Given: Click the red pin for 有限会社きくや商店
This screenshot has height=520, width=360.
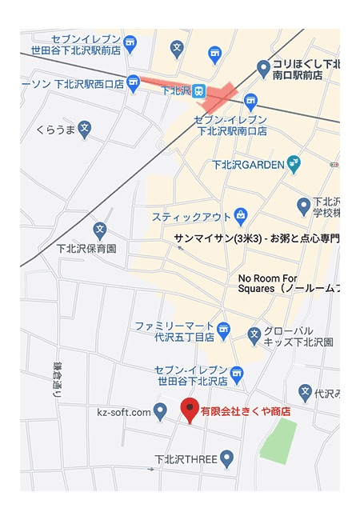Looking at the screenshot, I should pos(190,410).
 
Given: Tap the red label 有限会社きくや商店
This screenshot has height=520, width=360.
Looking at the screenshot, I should pos(245,412).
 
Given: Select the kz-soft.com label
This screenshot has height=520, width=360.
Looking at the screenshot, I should pos(124,412).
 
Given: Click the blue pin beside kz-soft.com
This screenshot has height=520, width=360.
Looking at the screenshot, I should pos(160,412).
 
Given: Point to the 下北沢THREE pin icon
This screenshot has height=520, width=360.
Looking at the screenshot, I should pos(226,459).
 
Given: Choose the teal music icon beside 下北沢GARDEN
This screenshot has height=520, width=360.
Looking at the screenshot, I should pos(294,163).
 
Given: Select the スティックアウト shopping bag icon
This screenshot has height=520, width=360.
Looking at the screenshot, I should pos(240,216).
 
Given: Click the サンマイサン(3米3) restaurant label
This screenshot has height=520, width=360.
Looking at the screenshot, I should pos(256,238).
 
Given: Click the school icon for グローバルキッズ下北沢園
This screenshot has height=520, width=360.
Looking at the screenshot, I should pos(254,336).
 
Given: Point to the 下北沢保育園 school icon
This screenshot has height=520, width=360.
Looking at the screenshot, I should pos(100,230).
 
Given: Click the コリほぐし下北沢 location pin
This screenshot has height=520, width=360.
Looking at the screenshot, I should pos(262,68).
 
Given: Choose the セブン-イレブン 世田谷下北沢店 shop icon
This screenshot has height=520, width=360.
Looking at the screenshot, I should pos(236,373).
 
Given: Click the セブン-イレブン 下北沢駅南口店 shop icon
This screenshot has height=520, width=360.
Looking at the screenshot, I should pos(250,101).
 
